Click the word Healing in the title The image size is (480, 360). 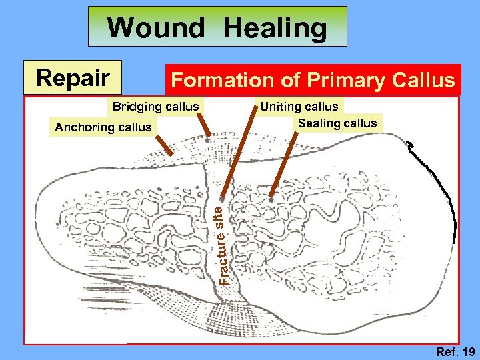coord(275,28)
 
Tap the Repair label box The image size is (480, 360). coord(73,78)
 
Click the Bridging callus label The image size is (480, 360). coord(155,107)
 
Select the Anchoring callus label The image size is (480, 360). coord(103,127)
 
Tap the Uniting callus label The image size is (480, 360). coord(299,107)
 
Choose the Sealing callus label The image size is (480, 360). coord(337,123)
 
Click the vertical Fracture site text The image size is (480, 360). coord(226,243)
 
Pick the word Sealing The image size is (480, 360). coord(319,123)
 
